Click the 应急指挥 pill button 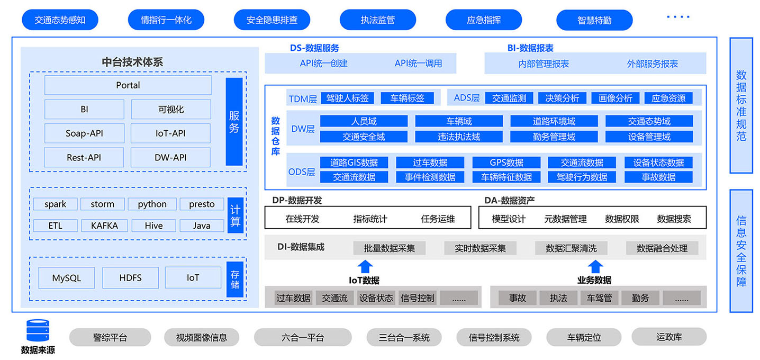tap(484, 20)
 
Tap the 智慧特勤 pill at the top tap(594, 20)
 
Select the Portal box tap(128, 85)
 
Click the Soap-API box tap(84, 133)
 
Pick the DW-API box tap(170, 157)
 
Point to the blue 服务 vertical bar tap(234, 122)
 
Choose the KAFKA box tap(104, 226)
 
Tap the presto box tap(202, 204)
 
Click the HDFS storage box tap(130, 278)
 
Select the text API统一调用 tap(418, 64)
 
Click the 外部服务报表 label tap(652, 64)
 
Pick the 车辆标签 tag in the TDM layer tap(407, 98)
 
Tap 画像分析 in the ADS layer tap(615, 98)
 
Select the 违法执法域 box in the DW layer tap(459, 137)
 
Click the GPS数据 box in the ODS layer tap(506, 163)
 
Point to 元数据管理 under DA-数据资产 tap(565, 219)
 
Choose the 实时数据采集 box tap(480, 248)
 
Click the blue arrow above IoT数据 tap(365, 267)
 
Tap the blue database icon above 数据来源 tap(38, 330)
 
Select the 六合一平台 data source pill tap(303, 338)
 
